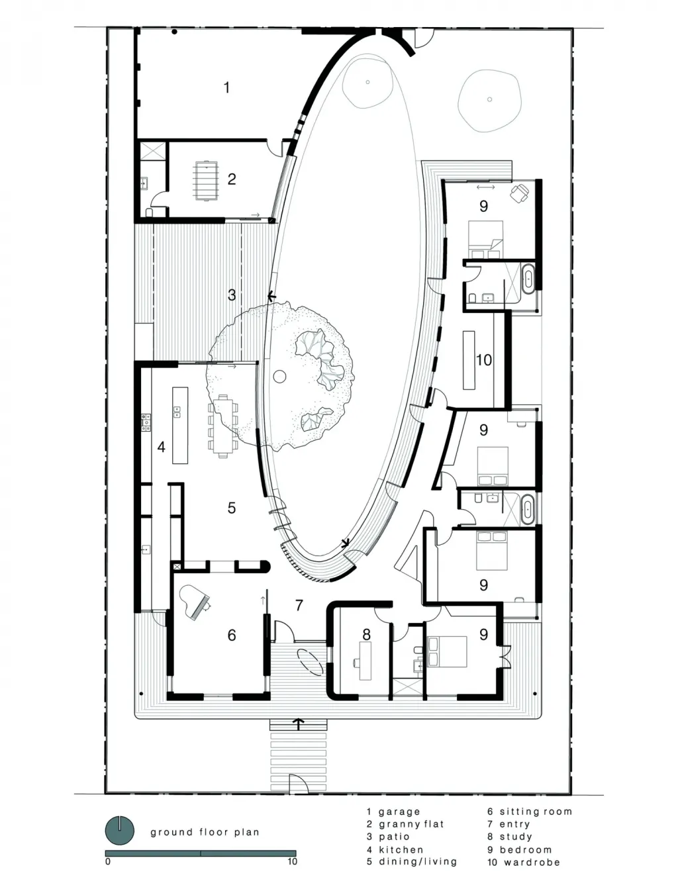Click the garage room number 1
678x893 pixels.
(226, 87)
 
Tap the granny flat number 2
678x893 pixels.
(232, 179)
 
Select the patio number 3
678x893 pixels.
(232, 295)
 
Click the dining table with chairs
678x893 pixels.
(223, 426)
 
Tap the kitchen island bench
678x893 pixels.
(180, 425)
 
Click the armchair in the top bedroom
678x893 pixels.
(520, 193)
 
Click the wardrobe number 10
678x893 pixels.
(483, 359)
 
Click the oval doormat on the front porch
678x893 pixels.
(311, 662)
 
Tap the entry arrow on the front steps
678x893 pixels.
(299, 724)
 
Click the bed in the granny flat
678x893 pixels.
(207, 181)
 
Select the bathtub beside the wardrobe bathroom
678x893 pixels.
(528, 279)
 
